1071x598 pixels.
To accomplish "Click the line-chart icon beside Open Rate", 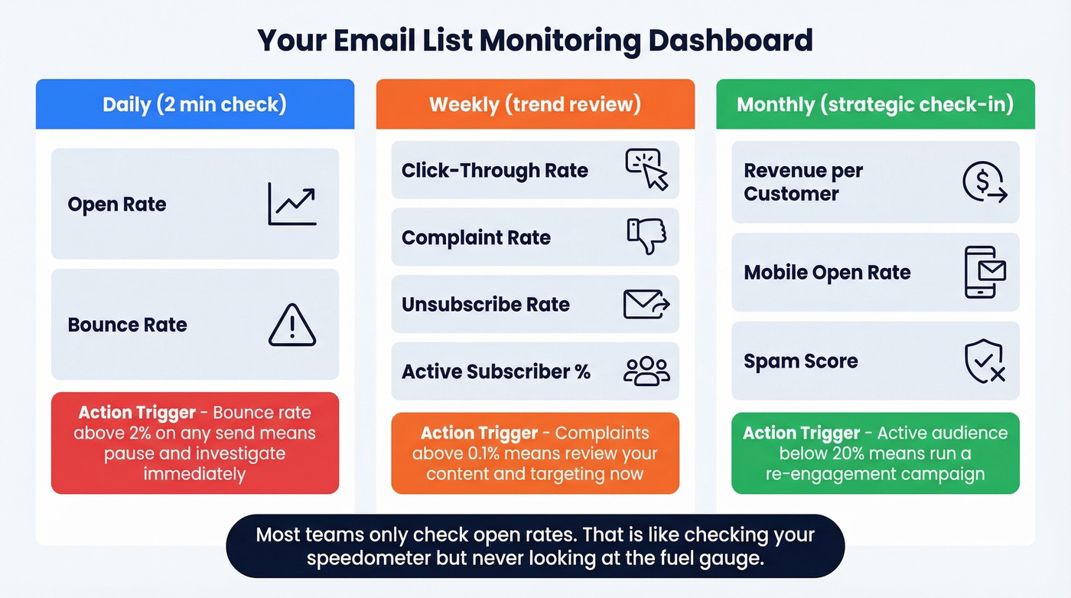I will tap(292, 204).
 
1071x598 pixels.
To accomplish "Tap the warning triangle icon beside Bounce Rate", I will tap(292, 325).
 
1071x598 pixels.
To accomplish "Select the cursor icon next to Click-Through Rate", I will tap(647, 170).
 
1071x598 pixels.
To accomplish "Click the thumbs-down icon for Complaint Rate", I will tap(647, 237).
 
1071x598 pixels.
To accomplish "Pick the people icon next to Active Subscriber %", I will tap(647, 371).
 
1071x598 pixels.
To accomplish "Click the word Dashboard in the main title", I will tap(731, 40).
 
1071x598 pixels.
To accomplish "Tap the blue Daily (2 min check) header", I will tap(194, 104).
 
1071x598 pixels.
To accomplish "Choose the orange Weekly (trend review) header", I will tap(535, 104).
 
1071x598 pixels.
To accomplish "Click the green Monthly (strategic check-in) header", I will tap(875, 104).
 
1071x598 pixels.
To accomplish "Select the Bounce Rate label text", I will tap(127, 325).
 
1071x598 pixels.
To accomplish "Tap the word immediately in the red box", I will tap(194, 473).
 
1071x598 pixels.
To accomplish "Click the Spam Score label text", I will tap(801, 361).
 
